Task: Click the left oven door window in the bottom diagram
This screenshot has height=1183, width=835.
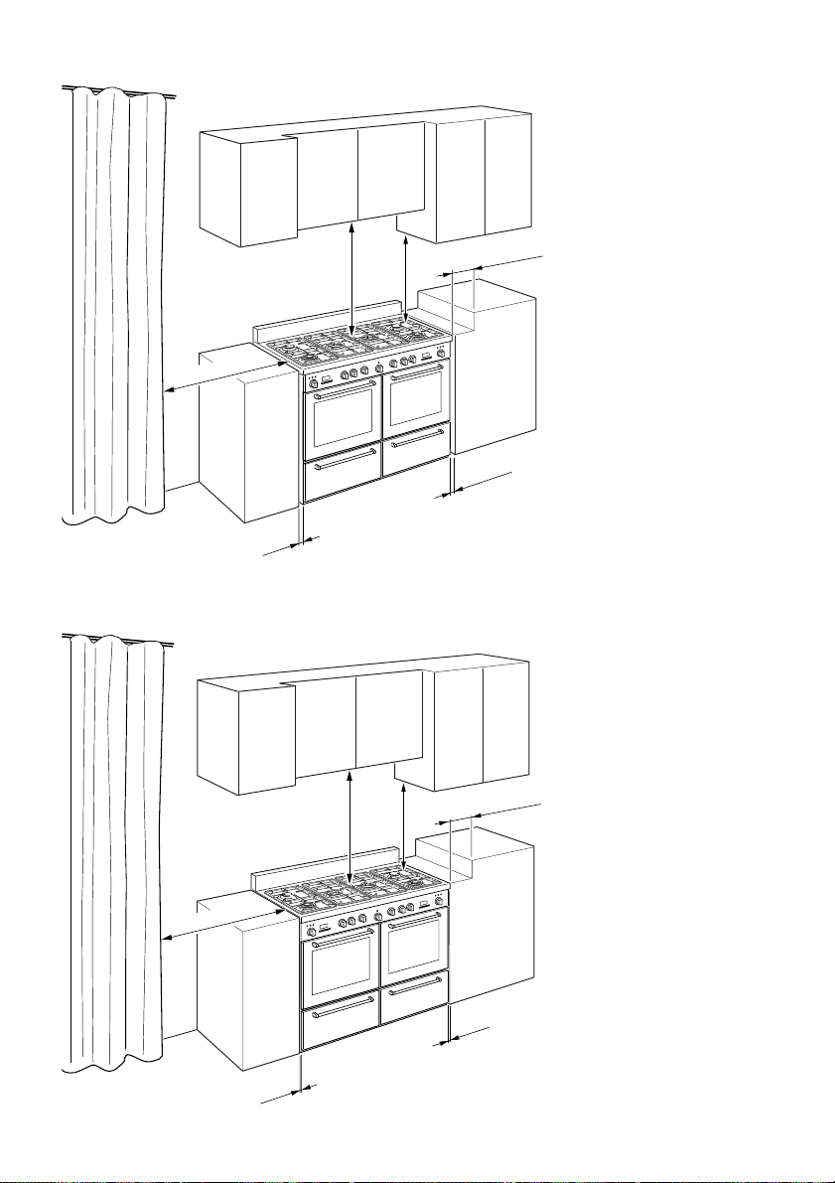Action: [x=342, y=967]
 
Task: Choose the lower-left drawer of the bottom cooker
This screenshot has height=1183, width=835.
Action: [x=341, y=1025]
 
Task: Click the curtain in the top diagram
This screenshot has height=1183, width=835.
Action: [x=111, y=298]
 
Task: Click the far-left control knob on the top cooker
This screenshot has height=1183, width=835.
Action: [x=313, y=383]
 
